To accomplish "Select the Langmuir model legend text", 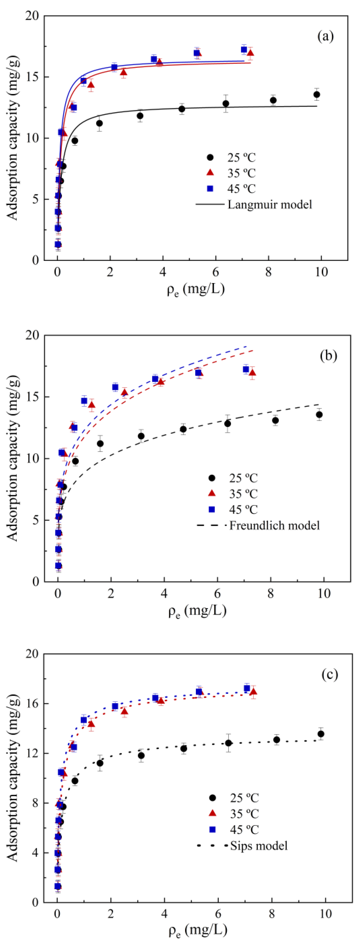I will (270, 204).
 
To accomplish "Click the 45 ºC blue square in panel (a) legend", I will (210, 188).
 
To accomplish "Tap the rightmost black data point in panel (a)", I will (317, 95).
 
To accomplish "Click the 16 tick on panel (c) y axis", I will (35, 703).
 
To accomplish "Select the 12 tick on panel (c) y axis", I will (35, 753).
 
